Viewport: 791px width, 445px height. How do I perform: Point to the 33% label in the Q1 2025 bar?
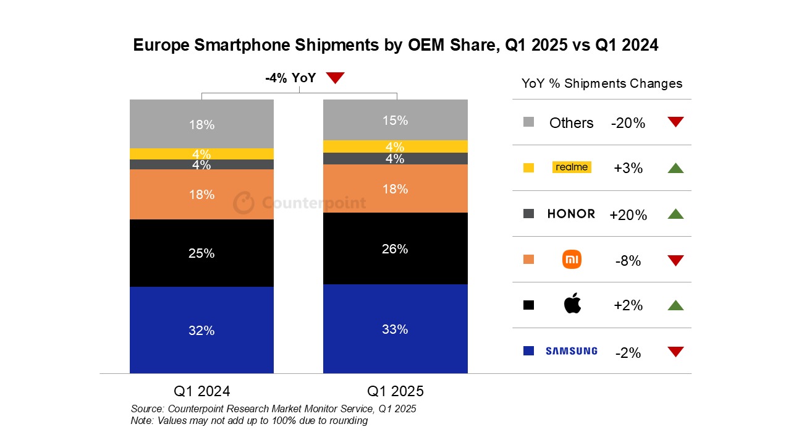click(x=395, y=329)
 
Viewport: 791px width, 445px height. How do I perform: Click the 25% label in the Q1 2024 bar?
click(x=201, y=253)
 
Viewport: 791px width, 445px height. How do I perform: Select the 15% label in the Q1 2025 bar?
click(x=395, y=121)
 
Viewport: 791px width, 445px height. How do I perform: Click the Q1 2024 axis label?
click(x=201, y=391)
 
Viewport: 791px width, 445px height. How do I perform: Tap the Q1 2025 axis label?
click(x=395, y=391)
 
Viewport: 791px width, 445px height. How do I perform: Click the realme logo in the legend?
click(x=572, y=167)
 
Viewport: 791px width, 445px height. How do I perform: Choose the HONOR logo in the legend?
click(x=571, y=214)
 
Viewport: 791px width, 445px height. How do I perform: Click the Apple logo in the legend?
click(x=572, y=304)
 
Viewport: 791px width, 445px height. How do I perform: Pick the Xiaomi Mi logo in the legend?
click(x=572, y=260)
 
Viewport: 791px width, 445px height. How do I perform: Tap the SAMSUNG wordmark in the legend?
click(x=571, y=351)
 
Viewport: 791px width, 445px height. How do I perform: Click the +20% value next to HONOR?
click(x=628, y=215)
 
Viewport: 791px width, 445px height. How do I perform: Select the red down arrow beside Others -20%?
click(x=675, y=122)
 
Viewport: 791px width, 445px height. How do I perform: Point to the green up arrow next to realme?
click(x=675, y=167)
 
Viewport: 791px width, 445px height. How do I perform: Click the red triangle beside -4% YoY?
click(x=335, y=78)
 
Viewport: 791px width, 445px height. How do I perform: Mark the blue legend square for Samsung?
click(x=528, y=351)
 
